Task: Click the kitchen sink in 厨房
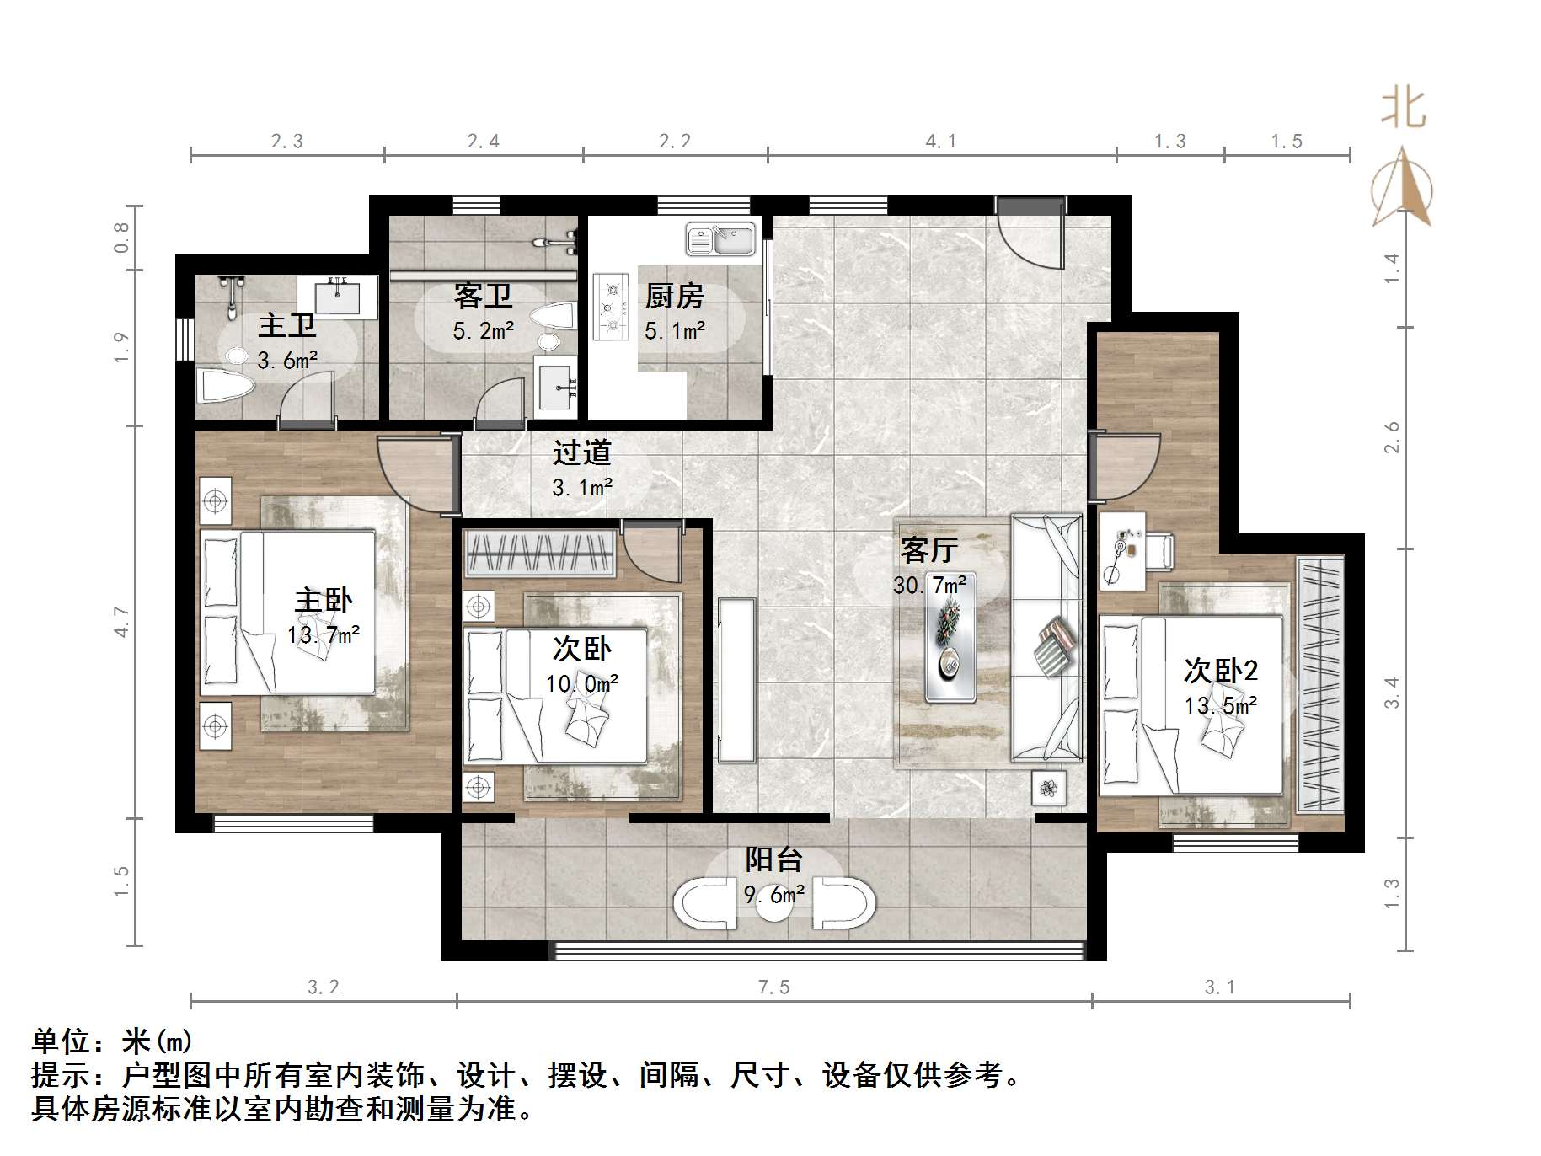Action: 720,239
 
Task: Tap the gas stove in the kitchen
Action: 611,307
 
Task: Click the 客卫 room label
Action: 483,296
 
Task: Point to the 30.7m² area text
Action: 929,584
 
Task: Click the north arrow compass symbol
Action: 1402,190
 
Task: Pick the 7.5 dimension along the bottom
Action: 773,987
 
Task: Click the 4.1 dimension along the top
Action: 941,142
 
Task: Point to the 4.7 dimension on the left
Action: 122,622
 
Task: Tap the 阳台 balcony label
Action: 773,859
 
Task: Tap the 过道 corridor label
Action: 581,453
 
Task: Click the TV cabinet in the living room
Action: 736,681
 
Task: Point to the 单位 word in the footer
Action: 62,1042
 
